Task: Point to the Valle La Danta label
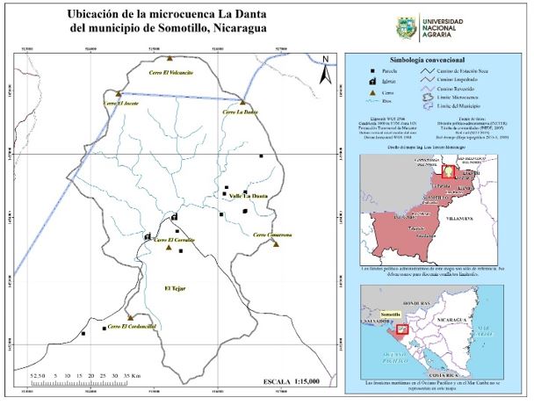click(x=249, y=195)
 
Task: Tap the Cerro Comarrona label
click(x=272, y=235)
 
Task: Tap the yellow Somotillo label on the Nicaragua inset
click(x=391, y=314)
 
